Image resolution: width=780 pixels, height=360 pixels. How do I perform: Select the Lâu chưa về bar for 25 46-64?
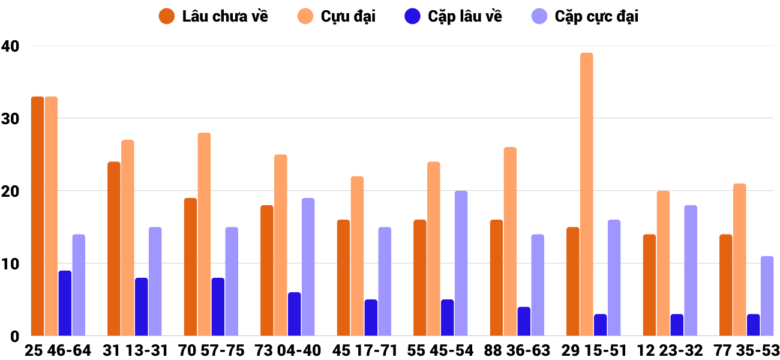[37, 216]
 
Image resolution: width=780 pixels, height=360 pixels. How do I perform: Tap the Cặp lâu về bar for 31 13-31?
[141, 307]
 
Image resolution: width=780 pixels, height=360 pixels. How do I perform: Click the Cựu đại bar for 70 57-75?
[204, 234]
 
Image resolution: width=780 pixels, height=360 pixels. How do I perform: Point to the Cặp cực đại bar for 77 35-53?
[767, 296]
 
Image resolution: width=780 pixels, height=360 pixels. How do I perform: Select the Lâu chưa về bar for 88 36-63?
[496, 277]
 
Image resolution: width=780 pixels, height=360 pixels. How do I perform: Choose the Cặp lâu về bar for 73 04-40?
[294, 314]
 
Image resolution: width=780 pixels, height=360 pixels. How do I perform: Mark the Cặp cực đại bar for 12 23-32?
[691, 270]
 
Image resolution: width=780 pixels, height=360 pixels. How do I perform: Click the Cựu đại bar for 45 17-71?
[357, 256]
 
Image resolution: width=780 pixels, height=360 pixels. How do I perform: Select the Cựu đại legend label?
[348, 16]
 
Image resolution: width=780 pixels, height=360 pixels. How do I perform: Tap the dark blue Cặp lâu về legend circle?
[412, 16]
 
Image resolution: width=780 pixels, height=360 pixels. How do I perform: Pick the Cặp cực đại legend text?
[596, 16]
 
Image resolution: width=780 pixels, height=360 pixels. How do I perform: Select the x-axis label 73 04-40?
[287, 350]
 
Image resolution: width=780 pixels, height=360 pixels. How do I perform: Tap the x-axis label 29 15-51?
[593, 350]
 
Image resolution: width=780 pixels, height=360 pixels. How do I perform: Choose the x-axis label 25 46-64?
[58, 350]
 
